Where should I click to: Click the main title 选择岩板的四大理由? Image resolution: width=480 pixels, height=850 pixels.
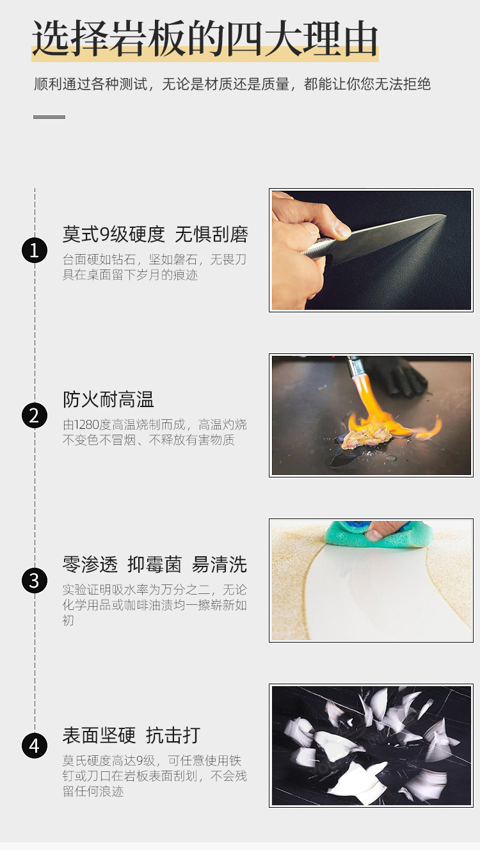tap(205, 38)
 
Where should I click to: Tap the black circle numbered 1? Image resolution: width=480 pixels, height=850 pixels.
tap(35, 250)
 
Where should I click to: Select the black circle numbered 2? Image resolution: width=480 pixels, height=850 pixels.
tap(35, 415)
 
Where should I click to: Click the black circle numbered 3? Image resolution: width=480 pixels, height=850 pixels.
tap(35, 581)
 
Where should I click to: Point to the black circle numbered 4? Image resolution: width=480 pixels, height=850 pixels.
tap(35, 746)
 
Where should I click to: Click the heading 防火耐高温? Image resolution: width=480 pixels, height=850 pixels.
tap(109, 399)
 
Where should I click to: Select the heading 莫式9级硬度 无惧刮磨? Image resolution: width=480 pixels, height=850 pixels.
tap(156, 234)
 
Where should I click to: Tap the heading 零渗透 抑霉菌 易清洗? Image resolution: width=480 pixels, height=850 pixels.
tap(155, 565)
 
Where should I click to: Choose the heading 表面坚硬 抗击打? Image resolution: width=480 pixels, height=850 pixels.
tap(131, 735)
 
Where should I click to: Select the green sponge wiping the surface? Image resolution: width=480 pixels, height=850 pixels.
tap(379, 535)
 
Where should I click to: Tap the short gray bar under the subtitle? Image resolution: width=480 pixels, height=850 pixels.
tap(49, 117)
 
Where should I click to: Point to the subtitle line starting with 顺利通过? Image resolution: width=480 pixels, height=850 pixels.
tap(232, 84)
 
